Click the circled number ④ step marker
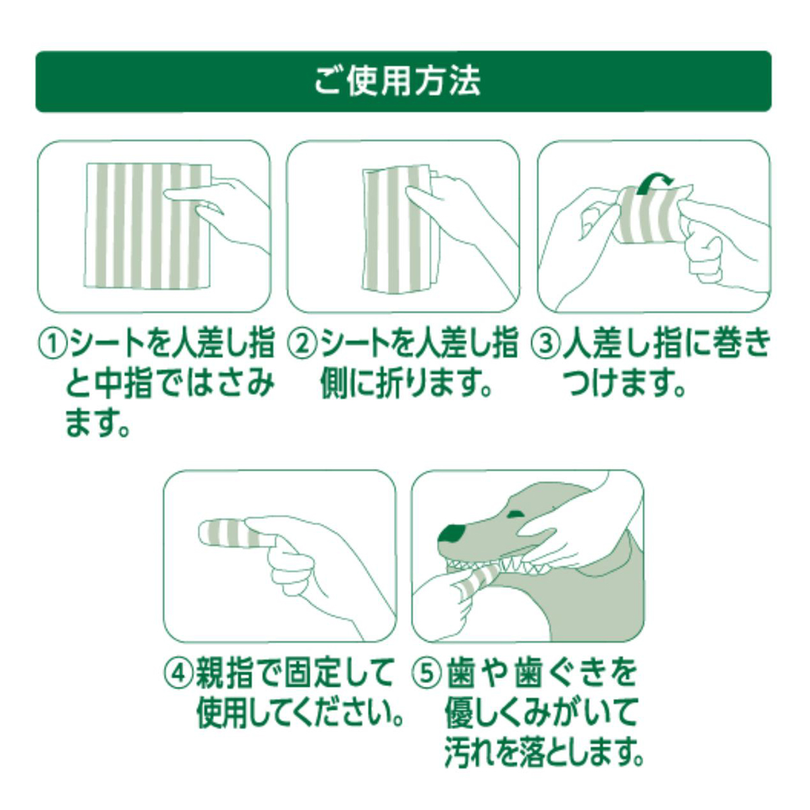coord(178,673)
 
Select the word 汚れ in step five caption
coord(473,751)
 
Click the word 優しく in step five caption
coord(485,712)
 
